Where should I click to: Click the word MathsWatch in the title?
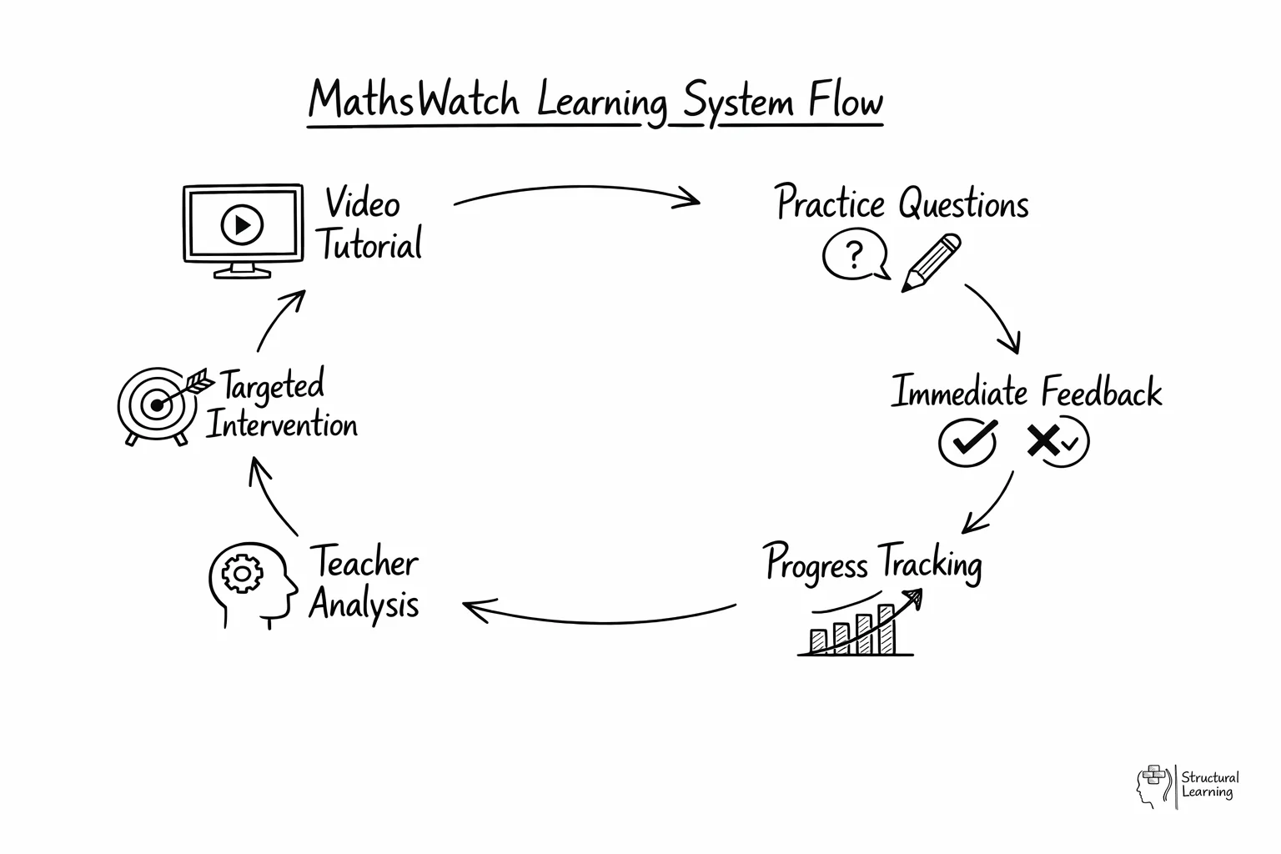[x=414, y=100]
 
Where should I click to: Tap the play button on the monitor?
[x=242, y=224]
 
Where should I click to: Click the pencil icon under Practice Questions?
[x=932, y=263]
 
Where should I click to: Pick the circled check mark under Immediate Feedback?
[x=967, y=441]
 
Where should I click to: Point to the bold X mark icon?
[x=1042, y=440]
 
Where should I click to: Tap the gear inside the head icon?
[x=242, y=574]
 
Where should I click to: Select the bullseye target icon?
[x=155, y=405]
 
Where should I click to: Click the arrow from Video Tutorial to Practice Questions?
[x=575, y=193]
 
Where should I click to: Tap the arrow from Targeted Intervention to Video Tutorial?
[x=279, y=321]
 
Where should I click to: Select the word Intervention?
[x=282, y=424]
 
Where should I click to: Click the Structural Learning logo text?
[x=1209, y=785]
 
